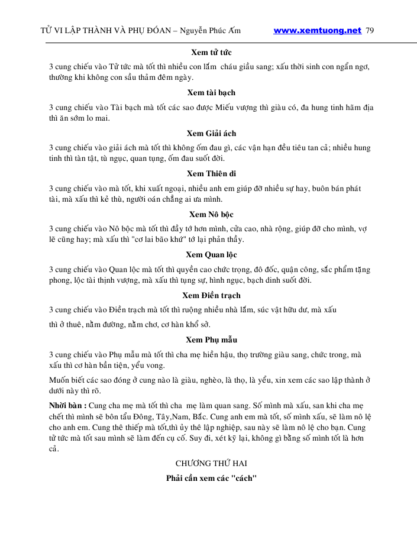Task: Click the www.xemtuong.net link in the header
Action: click(317, 31)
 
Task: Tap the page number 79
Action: click(371, 31)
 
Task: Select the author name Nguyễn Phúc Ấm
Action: click(206, 31)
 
